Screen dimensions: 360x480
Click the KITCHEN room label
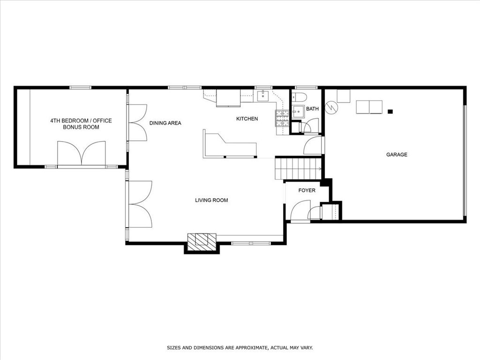tap(247, 119)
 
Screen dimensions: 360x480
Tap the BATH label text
tap(312, 109)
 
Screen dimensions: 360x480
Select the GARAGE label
tap(397, 155)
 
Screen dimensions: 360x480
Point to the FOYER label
tap(307, 191)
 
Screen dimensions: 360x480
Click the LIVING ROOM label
tap(211, 201)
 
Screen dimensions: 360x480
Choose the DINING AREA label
tap(165, 123)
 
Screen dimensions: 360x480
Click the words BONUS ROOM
tap(81, 127)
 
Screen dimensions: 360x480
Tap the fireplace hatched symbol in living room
tap(202, 241)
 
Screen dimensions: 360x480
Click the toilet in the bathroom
tap(299, 97)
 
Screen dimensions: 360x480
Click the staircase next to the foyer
tap(298, 168)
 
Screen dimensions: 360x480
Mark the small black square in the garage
tap(390, 112)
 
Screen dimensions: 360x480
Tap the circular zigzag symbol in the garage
tap(331, 107)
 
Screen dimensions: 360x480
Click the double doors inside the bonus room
tap(82, 153)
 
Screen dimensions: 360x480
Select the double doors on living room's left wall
tap(140, 204)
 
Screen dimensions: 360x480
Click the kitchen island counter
tap(229, 146)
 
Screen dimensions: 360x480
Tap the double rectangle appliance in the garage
tap(369, 107)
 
